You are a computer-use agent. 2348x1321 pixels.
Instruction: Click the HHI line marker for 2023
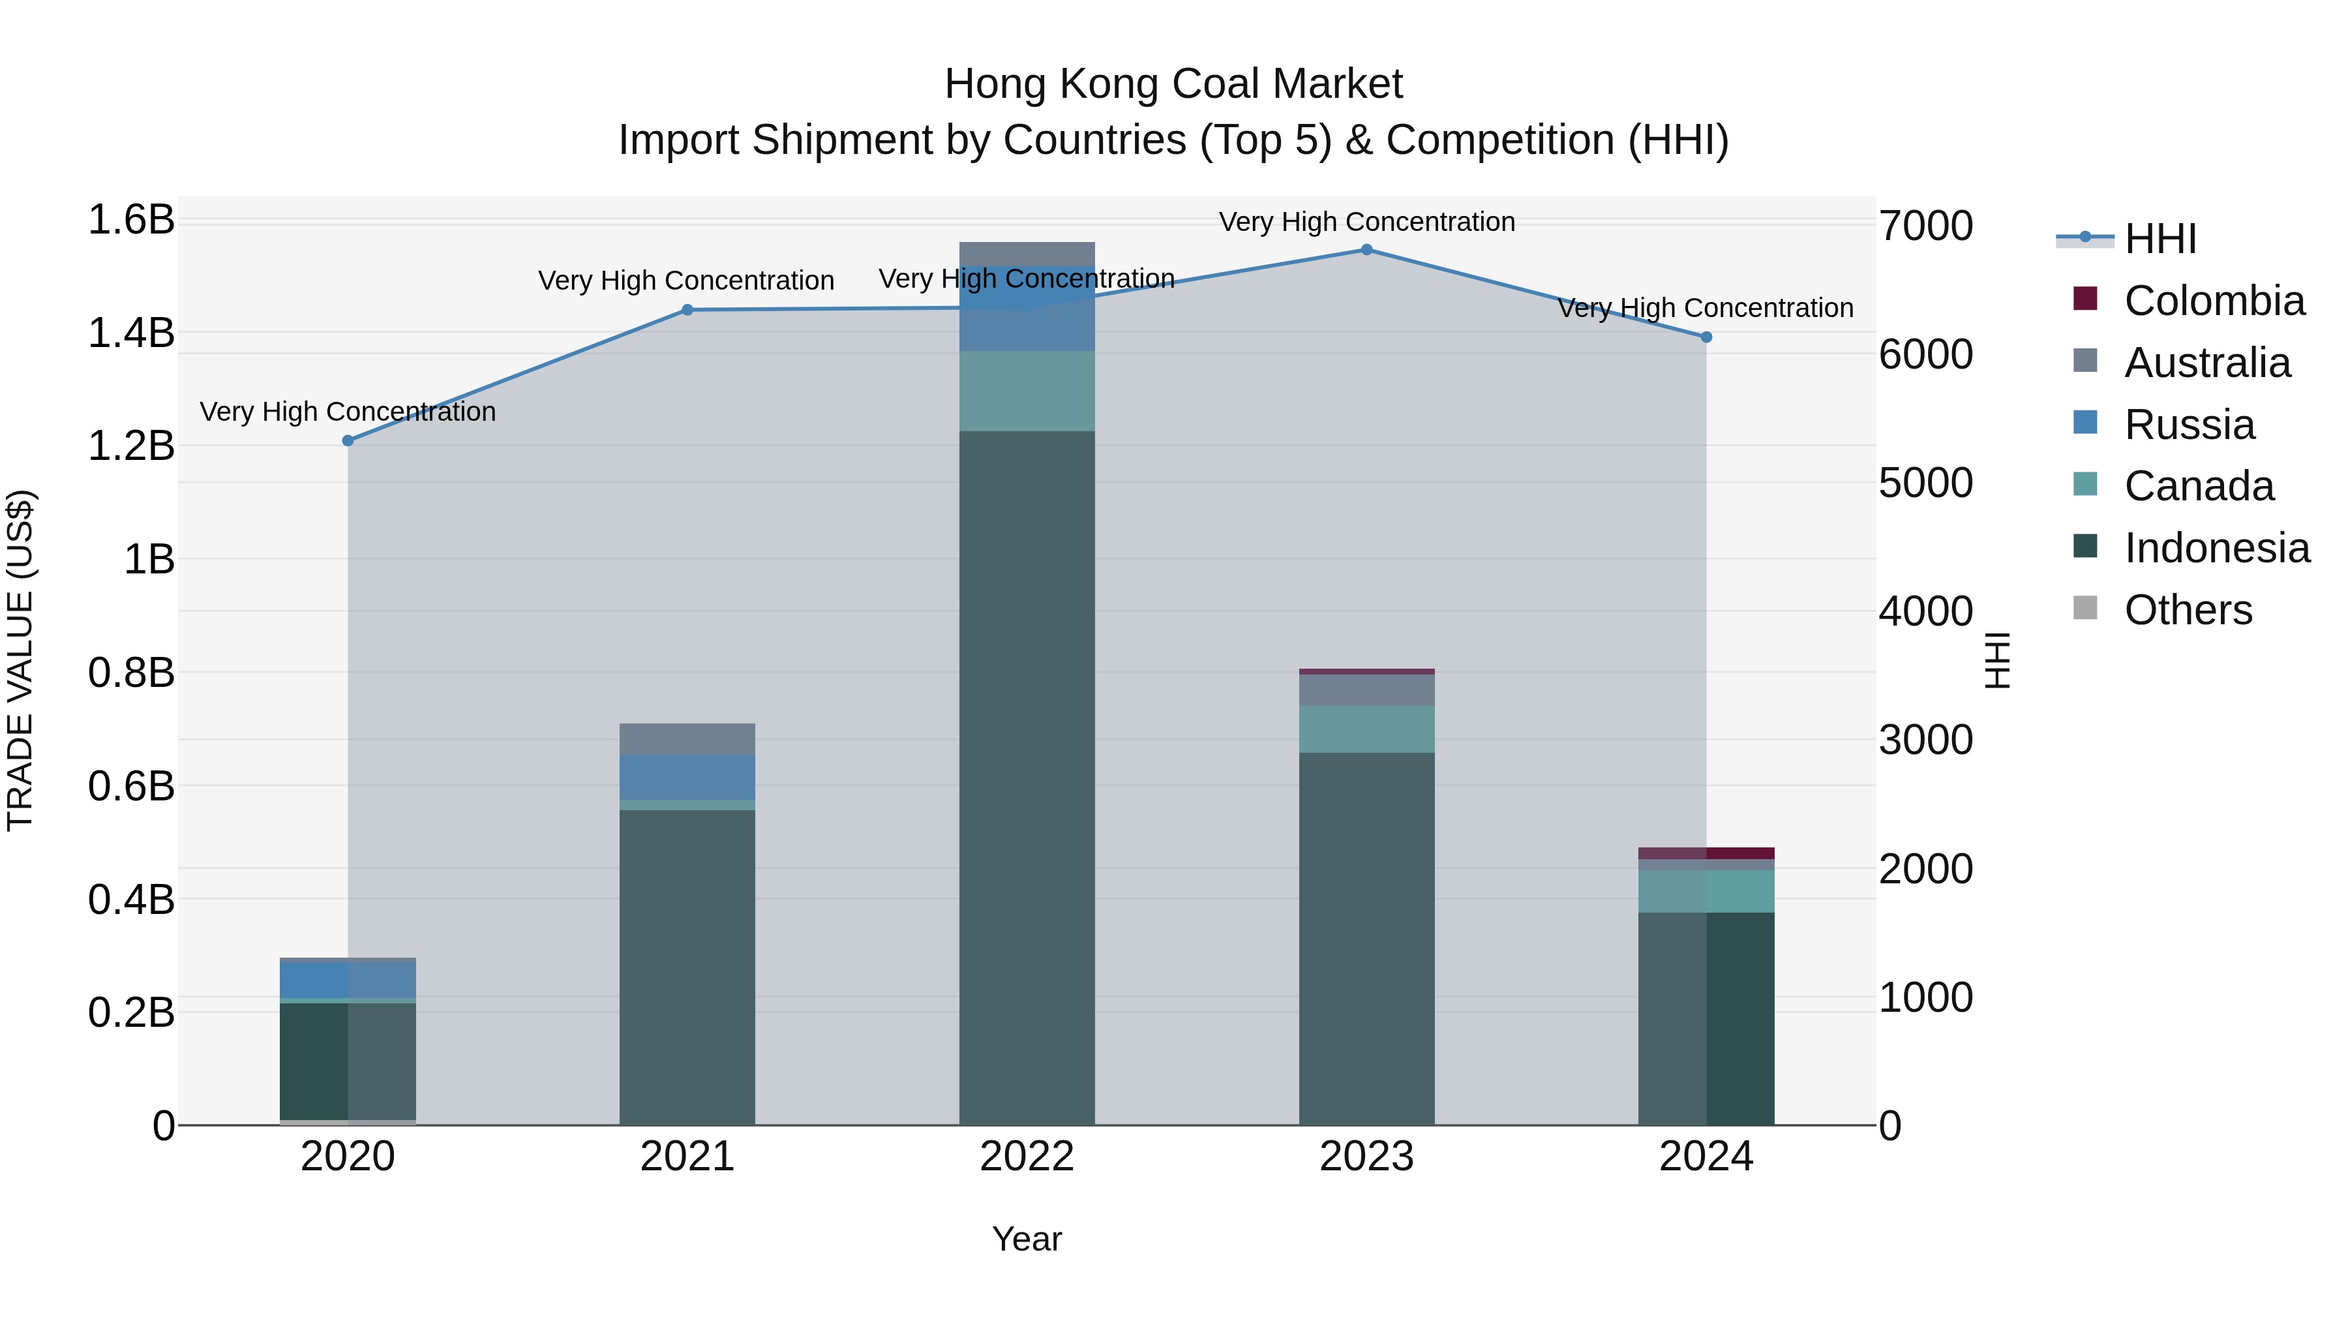[1366, 250]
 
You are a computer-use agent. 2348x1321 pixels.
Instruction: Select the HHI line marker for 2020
[347, 440]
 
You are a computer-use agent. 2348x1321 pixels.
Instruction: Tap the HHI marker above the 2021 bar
[687, 310]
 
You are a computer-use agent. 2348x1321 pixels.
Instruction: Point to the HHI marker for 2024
[1706, 337]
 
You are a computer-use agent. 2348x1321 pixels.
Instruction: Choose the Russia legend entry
[2188, 425]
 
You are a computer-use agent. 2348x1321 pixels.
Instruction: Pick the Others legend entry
[2187, 610]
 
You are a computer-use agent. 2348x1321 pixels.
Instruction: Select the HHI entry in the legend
[2160, 239]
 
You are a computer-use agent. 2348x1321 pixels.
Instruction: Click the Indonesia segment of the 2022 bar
[1027, 775]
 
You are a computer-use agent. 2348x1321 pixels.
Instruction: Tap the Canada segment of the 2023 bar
[1366, 729]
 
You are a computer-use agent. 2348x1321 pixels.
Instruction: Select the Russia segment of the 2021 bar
[687, 777]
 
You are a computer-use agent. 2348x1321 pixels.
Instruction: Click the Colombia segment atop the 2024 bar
[1706, 853]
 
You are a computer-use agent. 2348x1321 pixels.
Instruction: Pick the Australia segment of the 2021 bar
[687, 738]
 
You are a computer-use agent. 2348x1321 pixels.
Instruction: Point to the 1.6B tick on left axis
[131, 220]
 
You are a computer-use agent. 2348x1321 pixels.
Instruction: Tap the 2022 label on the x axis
[1027, 1157]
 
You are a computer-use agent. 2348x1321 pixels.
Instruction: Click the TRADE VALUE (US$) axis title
[20, 660]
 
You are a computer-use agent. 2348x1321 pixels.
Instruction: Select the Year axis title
[1027, 1239]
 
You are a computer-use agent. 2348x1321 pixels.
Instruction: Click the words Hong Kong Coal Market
[1173, 84]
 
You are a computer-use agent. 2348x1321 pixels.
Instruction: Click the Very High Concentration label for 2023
[1366, 222]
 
